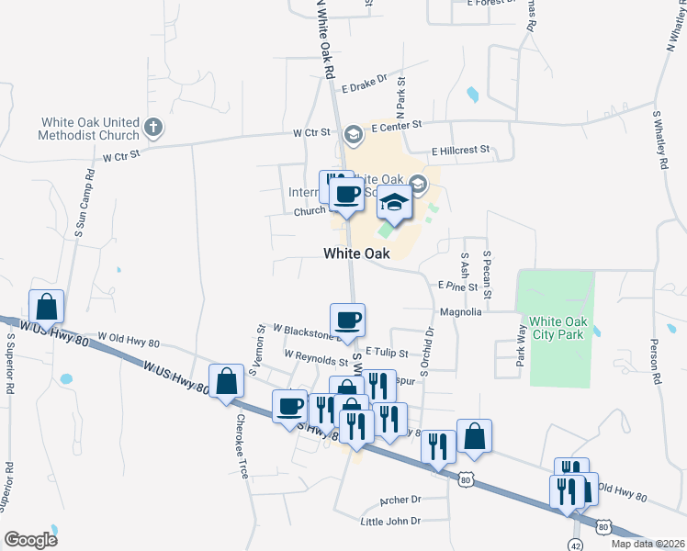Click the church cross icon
153,128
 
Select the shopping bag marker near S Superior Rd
46,307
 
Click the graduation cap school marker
394,202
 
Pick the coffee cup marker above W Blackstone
347,320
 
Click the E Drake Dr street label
366,89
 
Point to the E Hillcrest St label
461,151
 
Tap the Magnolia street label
461,312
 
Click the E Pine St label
458,287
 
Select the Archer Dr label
400,500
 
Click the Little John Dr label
390,521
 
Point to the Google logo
30,540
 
